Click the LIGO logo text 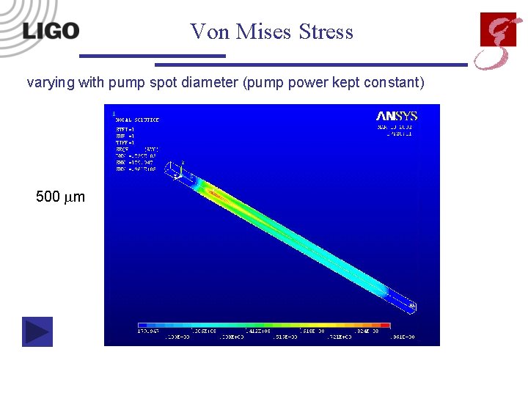(50, 31)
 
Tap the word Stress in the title (326, 32)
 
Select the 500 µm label (60, 197)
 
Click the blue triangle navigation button (37, 331)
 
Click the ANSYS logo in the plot (397, 116)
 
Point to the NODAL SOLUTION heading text (137, 120)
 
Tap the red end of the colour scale (384, 325)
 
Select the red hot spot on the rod (215, 193)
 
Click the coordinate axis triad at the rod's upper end (177, 171)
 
